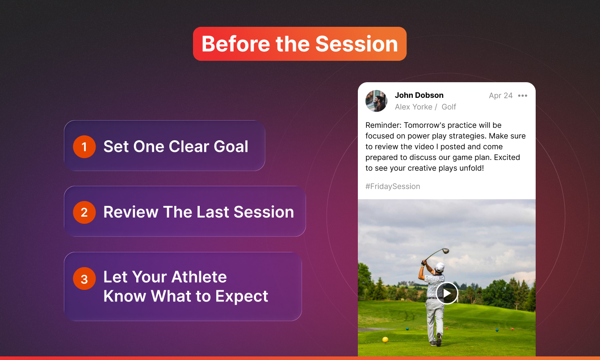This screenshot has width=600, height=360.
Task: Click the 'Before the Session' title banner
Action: (x=300, y=44)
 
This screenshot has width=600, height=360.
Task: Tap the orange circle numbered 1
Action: (x=84, y=147)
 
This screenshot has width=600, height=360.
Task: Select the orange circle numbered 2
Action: (x=84, y=212)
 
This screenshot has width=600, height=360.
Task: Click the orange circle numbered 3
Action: (x=84, y=279)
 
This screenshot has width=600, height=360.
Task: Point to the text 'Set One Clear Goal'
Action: (x=176, y=147)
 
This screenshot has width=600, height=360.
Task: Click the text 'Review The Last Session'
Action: (x=198, y=212)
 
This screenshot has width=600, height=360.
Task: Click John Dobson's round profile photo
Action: (x=376, y=100)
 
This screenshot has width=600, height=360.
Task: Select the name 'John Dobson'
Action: (x=419, y=95)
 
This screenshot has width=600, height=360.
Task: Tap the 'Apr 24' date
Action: (x=501, y=96)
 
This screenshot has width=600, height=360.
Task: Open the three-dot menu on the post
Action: (x=523, y=96)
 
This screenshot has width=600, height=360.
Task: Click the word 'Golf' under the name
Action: (x=449, y=107)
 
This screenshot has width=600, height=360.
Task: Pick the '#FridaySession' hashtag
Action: (x=393, y=186)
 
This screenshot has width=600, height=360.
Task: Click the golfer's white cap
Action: (x=440, y=267)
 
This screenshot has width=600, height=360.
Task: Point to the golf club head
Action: (x=445, y=251)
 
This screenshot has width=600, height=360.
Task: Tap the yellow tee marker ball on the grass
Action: (x=385, y=339)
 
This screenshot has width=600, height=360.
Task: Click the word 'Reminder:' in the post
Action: (x=383, y=125)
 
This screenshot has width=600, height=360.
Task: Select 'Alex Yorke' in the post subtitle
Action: (x=414, y=107)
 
